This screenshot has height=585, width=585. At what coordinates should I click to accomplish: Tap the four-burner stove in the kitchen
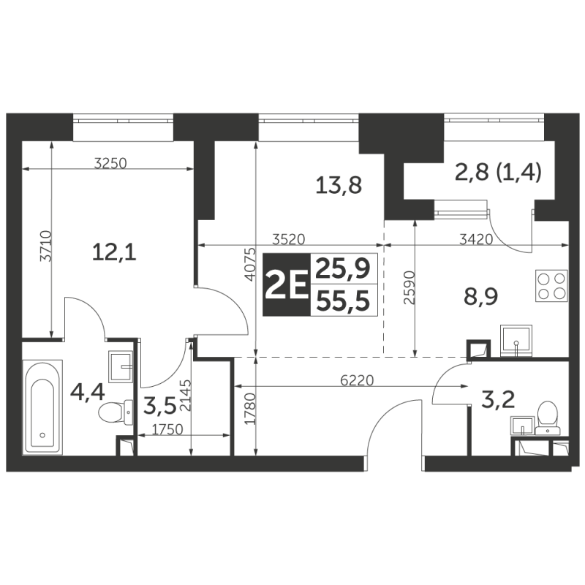(551, 286)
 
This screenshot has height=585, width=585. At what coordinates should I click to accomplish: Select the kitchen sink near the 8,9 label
(516, 339)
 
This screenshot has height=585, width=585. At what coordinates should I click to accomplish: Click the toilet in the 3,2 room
(547, 418)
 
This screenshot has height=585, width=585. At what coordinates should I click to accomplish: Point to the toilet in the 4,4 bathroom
(116, 412)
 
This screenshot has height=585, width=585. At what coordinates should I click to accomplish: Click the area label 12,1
(114, 252)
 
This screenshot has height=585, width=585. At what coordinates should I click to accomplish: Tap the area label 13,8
(339, 185)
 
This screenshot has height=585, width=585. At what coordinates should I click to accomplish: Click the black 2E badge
(287, 284)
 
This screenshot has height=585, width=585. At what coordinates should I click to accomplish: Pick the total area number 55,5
(343, 301)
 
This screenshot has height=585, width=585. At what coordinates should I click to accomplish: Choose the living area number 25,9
(343, 268)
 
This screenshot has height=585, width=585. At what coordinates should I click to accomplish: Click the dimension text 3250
(110, 163)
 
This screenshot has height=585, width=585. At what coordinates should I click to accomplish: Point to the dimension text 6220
(357, 380)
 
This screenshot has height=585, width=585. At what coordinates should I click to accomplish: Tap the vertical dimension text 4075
(251, 264)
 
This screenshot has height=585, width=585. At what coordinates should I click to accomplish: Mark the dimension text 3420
(476, 239)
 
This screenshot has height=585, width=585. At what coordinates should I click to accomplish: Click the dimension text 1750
(168, 429)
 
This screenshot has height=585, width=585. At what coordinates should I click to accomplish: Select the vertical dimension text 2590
(409, 287)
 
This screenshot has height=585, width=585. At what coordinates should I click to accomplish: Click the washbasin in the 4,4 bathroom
(120, 366)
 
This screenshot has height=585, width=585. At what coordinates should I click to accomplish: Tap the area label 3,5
(159, 407)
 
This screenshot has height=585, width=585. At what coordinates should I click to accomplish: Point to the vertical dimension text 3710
(45, 246)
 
